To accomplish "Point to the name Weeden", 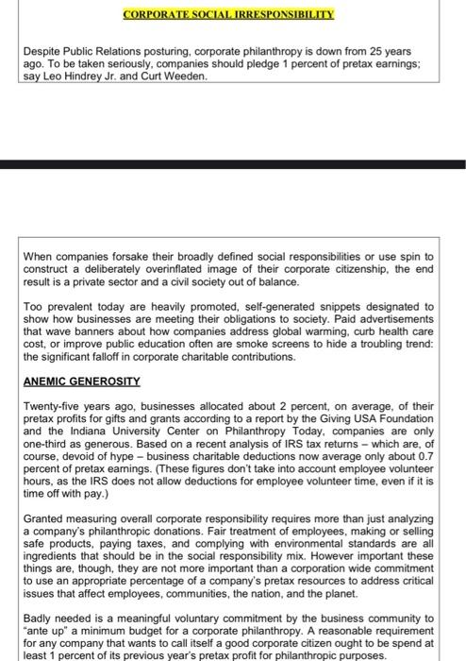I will coord(182,76).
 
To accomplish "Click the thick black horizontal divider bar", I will coord(233,164).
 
